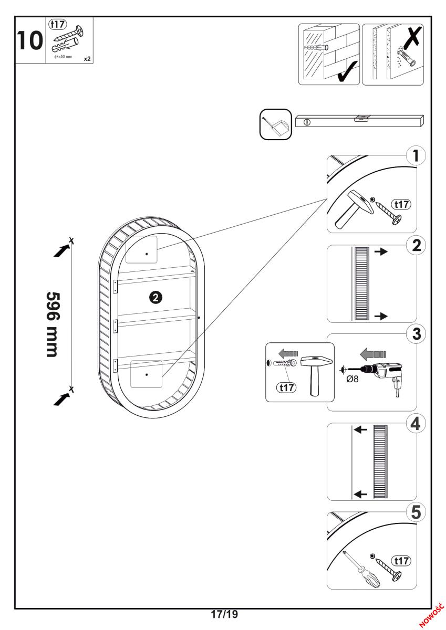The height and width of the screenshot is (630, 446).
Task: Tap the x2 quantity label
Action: [x=87, y=59]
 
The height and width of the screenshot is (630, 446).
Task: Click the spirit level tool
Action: [x=359, y=120]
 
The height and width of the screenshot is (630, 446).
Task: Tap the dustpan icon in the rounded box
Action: [x=275, y=124]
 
